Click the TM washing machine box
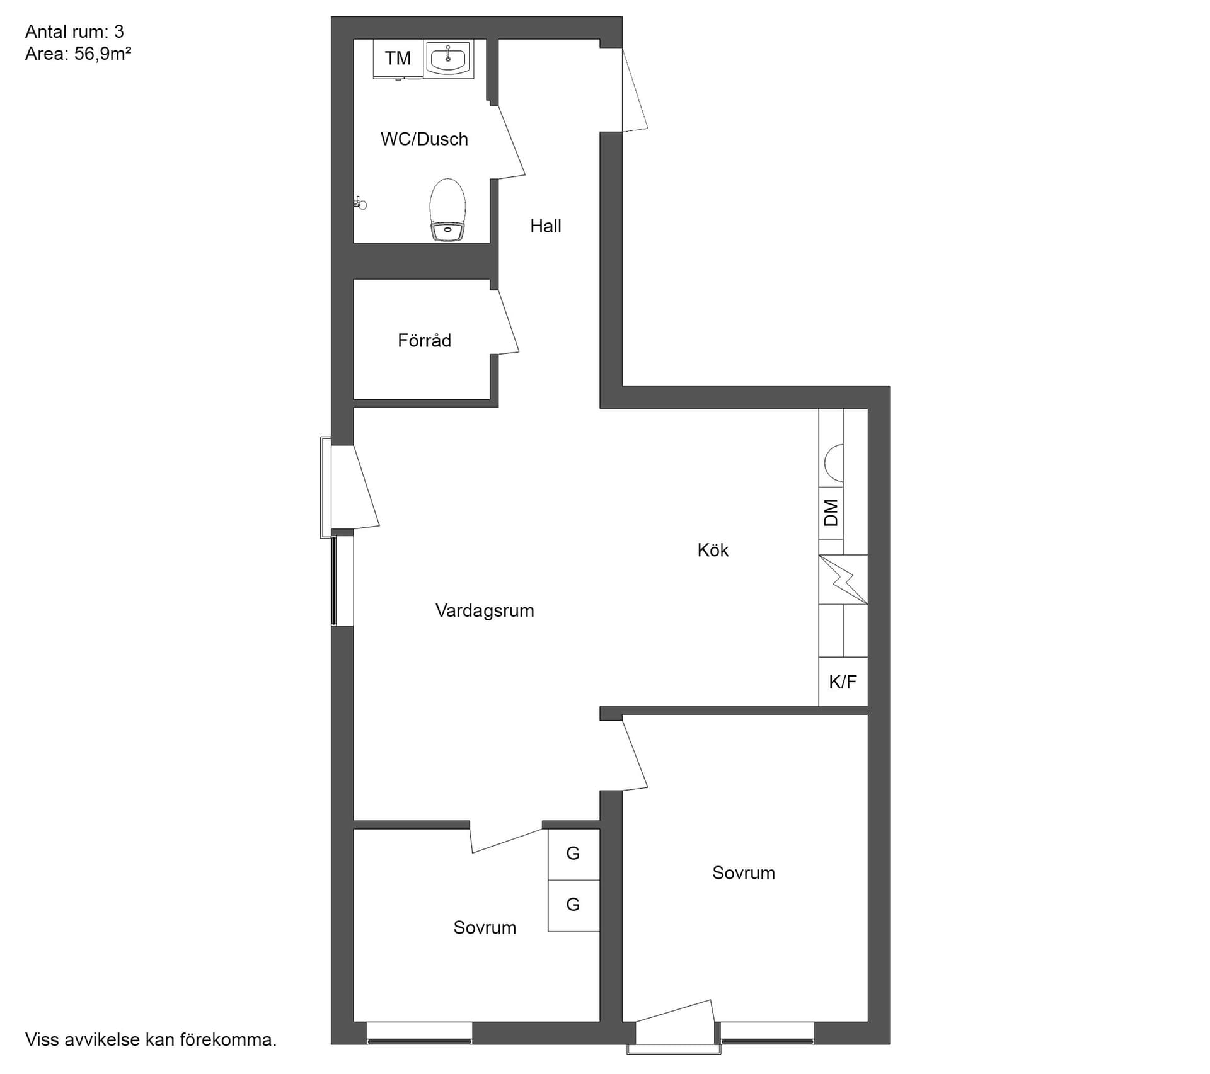(x=398, y=59)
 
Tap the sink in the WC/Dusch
(x=448, y=59)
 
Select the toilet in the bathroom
(x=447, y=210)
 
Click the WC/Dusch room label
(x=424, y=139)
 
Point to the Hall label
(x=545, y=226)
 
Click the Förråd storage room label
(x=424, y=341)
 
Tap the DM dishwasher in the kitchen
(x=831, y=513)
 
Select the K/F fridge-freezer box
(x=843, y=682)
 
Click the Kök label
(x=713, y=551)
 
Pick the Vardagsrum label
(x=485, y=611)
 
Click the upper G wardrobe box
(x=573, y=854)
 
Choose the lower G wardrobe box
(x=573, y=905)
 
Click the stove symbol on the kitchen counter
(x=843, y=580)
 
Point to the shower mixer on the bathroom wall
(x=360, y=203)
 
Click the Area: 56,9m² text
(x=78, y=54)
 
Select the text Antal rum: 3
(x=74, y=31)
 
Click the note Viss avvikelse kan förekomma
(x=151, y=1039)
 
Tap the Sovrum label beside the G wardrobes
(x=485, y=928)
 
